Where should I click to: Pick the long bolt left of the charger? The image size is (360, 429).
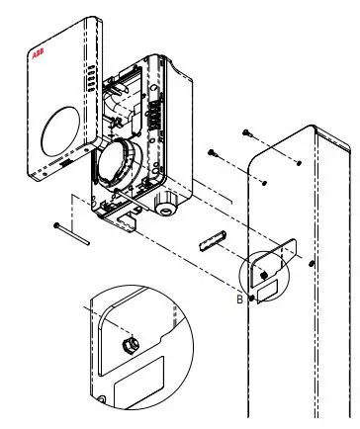click(x=72, y=233)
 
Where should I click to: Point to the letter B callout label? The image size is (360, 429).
click(x=240, y=293)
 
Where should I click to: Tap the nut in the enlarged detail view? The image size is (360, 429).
click(x=130, y=345)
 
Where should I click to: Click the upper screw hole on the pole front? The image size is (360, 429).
click(x=298, y=160)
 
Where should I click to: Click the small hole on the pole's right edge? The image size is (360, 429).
click(x=313, y=264)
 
